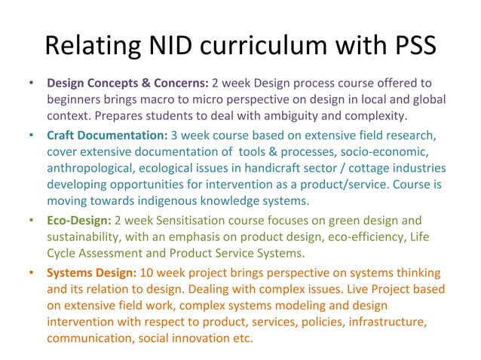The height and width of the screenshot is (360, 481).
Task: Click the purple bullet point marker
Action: pyautogui.click(x=30, y=82)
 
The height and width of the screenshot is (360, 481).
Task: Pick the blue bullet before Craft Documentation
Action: pyautogui.click(x=30, y=136)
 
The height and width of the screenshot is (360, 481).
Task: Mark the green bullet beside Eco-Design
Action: pyautogui.click(x=30, y=221)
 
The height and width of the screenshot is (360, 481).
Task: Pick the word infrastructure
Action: pyautogui.click(x=384, y=322)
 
